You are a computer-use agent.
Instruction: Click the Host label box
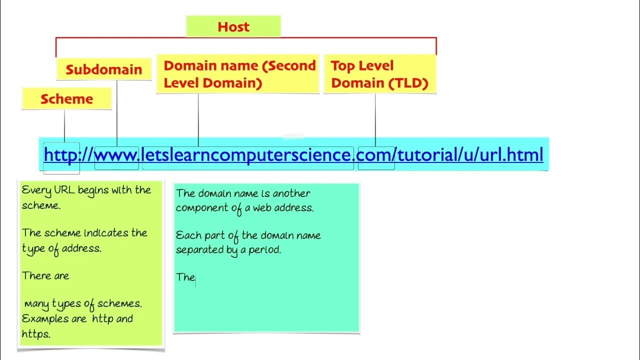tap(233, 26)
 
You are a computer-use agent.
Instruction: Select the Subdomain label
tap(104, 69)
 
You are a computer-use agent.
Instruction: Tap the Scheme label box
tap(66, 99)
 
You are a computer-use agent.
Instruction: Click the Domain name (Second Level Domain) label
tap(238, 74)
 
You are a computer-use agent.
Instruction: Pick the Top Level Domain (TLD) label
tap(379, 74)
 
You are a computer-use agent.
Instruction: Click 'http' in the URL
tap(61, 155)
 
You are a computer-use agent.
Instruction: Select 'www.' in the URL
tap(116, 155)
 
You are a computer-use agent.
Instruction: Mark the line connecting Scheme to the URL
tap(64, 126)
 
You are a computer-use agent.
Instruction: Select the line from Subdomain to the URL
tap(117, 112)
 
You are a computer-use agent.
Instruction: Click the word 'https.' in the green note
tap(36, 334)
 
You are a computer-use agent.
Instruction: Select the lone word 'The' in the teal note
tap(185, 277)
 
